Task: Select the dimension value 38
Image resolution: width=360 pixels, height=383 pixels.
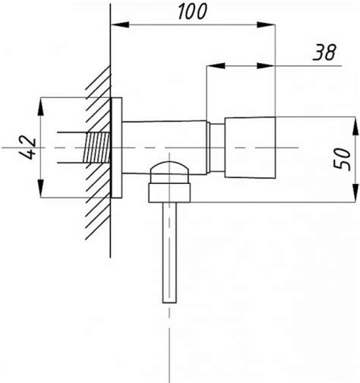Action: pyautogui.click(x=324, y=52)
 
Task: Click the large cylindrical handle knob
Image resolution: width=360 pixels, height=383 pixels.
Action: pyautogui.click(x=251, y=147)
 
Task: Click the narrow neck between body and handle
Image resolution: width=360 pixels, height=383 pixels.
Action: pyautogui.click(x=216, y=147)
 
